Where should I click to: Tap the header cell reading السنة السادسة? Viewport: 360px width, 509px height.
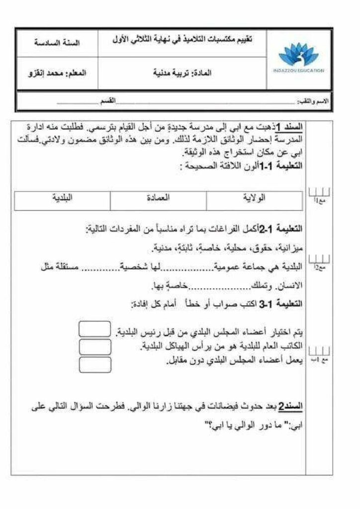tap(59, 43)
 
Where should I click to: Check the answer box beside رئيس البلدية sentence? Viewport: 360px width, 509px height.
tap(94, 329)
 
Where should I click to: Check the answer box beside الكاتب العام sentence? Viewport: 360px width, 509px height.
tap(94, 346)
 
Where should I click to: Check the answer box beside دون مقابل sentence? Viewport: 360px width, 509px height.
tap(94, 364)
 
